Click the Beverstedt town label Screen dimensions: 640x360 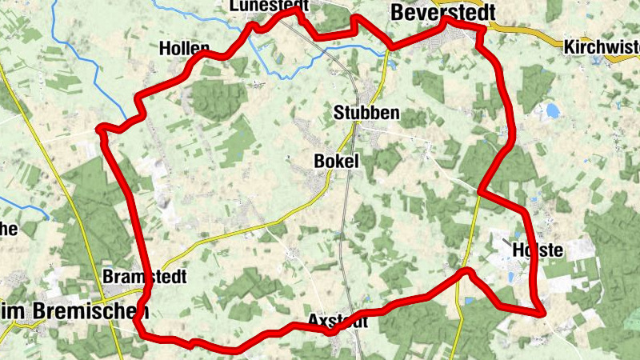pyautogui.click(x=442, y=12)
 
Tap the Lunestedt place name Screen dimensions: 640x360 pyautogui.click(x=268, y=6)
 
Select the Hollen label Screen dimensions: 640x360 pyautogui.click(x=184, y=47)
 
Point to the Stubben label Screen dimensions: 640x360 pyautogui.click(x=366, y=113)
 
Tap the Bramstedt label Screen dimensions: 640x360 pyautogui.click(x=145, y=277)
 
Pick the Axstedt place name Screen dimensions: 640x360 pyautogui.click(x=338, y=322)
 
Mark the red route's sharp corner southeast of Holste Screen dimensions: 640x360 pyautogui.click(x=542, y=311)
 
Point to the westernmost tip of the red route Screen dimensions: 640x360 pyautogui.click(x=99, y=128)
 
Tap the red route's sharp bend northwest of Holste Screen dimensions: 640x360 pyautogui.click(x=481, y=192)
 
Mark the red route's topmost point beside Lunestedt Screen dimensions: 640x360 pyautogui.click(x=298, y=11)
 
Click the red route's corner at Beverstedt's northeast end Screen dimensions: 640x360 pyautogui.click(x=482, y=30)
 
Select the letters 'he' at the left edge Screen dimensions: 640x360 pyautogui.click(x=8, y=229)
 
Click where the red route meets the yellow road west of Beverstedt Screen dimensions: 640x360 pyautogui.click(x=390, y=46)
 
